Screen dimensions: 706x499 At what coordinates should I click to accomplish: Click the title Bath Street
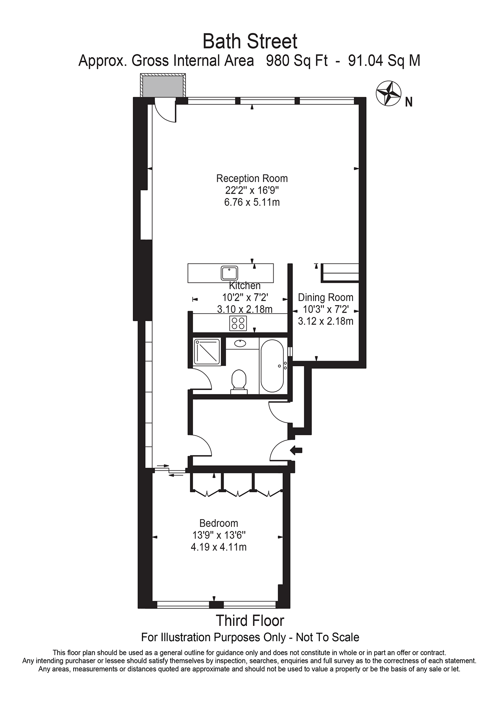click(250, 41)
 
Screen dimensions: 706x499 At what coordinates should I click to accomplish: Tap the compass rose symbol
click(388, 93)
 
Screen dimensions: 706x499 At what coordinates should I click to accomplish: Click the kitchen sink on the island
click(229, 273)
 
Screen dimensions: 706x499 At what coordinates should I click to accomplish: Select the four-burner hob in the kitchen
click(238, 323)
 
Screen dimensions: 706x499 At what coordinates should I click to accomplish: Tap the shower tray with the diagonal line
click(207, 352)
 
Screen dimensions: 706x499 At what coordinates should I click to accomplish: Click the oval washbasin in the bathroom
click(241, 343)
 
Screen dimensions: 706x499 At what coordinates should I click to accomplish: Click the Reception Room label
click(252, 178)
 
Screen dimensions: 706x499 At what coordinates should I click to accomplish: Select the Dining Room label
click(326, 297)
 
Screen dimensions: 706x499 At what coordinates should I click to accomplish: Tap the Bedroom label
click(219, 523)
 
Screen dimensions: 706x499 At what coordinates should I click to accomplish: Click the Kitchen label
click(245, 286)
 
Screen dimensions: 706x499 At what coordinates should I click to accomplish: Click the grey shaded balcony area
click(163, 86)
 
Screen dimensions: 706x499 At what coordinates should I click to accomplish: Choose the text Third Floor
click(250, 621)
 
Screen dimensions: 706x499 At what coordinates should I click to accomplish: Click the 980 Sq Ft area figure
click(297, 61)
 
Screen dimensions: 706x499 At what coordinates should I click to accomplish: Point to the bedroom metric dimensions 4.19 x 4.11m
click(219, 547)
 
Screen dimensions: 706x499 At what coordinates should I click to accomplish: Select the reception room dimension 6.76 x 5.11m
click(252, 202)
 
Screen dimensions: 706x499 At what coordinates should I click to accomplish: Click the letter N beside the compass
click(408, 103)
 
